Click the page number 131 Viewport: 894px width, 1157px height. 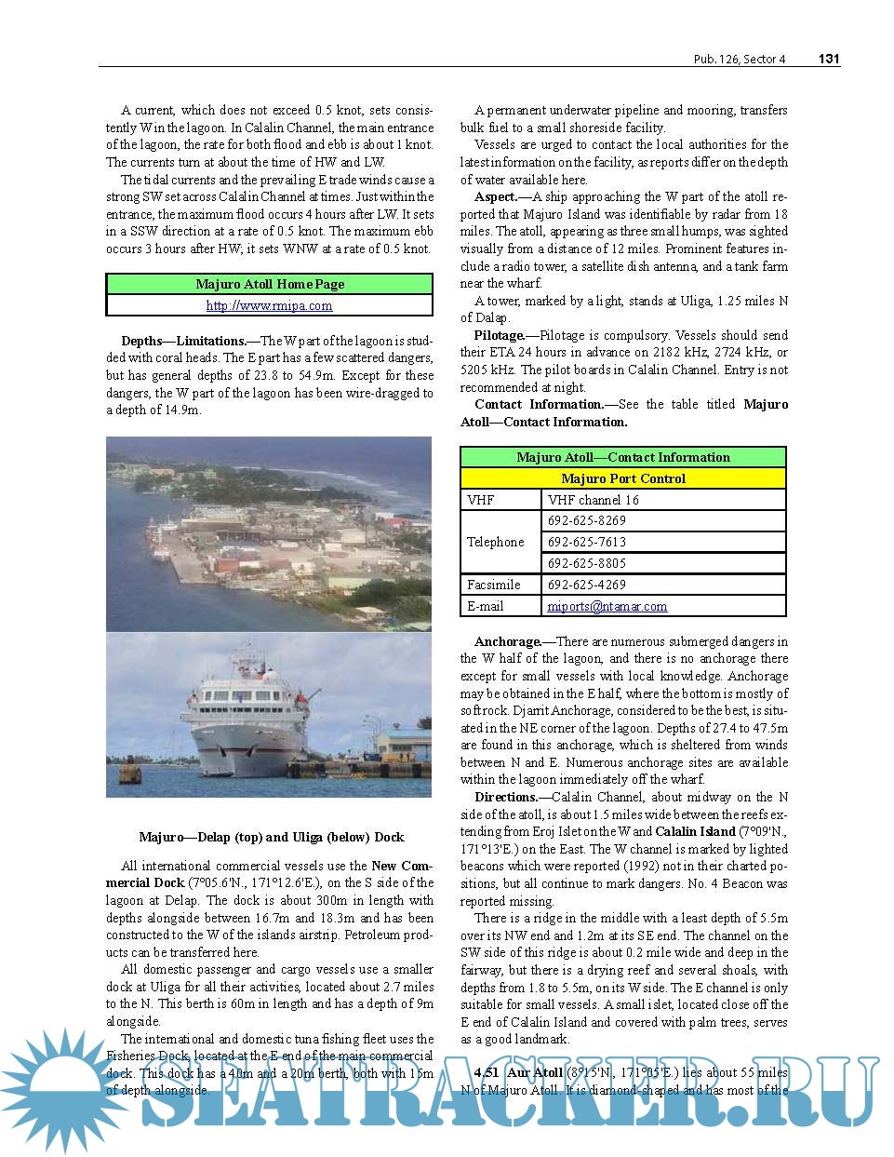828,59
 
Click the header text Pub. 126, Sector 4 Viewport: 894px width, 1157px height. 739,60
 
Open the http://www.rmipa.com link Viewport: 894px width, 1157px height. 269,305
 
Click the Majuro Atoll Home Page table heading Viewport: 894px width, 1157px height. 270,284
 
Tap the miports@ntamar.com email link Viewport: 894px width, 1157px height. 607,606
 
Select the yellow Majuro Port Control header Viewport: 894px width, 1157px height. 623,478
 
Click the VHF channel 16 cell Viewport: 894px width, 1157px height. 593,500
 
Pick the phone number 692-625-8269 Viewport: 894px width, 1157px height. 586,521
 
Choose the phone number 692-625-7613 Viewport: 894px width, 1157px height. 586,542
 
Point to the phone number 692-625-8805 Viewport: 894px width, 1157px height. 586,563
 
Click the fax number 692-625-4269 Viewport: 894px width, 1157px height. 586,585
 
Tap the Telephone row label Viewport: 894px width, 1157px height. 495,542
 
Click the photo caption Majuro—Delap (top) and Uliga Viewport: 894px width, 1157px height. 271,837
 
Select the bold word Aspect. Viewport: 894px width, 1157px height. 496,196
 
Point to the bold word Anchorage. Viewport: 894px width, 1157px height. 507,641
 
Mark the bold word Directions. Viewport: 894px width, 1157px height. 506,797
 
